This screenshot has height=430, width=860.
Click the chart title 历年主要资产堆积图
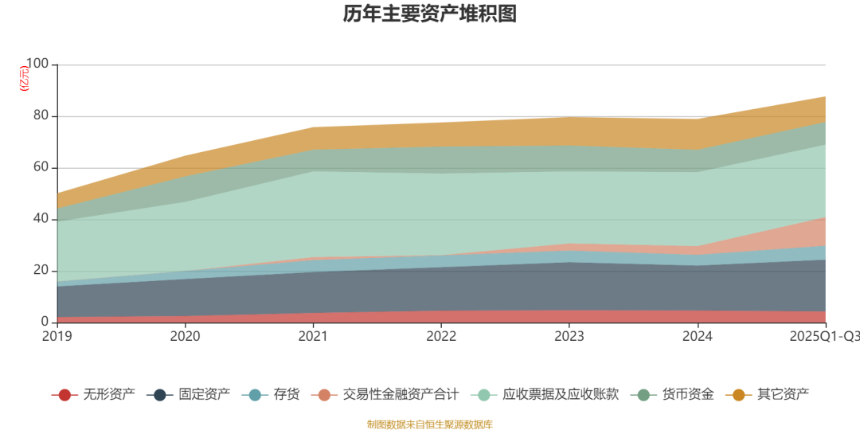pos(430,14)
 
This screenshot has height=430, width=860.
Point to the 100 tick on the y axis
pos(37,64)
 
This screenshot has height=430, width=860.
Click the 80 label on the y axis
pos(41,116)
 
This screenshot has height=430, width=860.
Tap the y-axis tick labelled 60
pos(41,168)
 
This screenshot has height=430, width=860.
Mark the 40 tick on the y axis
pos(41,219)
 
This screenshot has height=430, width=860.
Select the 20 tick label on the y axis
pos(41,271)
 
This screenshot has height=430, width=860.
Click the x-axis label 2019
pos(57,337)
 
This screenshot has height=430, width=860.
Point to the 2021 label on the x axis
pos(313,337)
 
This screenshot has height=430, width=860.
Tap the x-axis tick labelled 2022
pos(441,337)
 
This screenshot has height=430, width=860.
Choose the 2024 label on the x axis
pos(698,337)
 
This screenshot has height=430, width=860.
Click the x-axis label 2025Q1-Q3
pos(824,337)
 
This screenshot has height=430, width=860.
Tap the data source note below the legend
pos(430,424)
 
